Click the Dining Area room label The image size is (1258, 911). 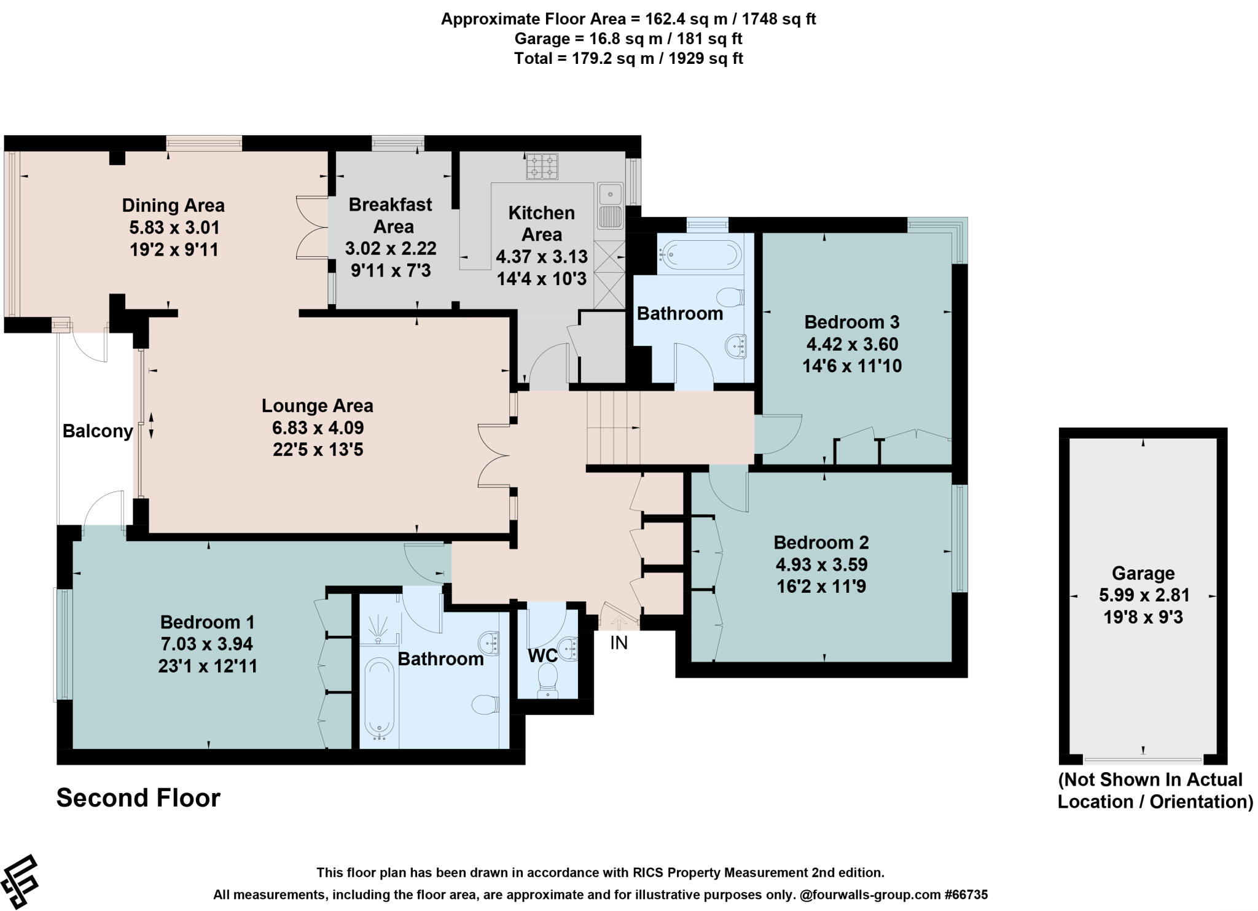[173, 205]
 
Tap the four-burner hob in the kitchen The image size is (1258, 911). [542, 166]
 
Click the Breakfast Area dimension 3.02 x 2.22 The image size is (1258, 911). [391, 249]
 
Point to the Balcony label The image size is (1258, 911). [98, 431]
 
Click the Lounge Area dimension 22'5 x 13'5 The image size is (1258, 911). [318, 450]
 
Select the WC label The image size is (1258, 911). [543, 655]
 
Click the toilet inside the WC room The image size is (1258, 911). [547, 682]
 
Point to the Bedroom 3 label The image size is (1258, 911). [851, 322]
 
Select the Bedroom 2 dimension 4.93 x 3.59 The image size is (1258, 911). [821, 565]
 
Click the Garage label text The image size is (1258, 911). [1143, 573]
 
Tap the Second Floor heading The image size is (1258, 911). [138, 798]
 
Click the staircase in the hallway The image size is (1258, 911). [613, 428]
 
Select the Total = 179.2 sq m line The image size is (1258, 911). [628, 58]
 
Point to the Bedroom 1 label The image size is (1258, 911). [207, 622]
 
